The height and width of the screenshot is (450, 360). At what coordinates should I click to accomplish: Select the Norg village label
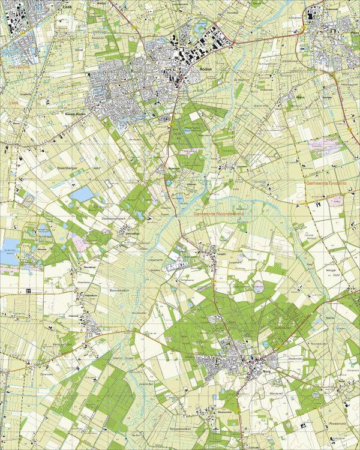click(x=268, y=372)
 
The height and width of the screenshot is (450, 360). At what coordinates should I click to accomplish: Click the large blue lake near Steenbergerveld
click(x=82, y=194)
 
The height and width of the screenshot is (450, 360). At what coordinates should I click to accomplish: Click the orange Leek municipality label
click(x=14, y=103)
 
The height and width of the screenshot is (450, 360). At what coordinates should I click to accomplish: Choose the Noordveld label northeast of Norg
click(x=333, y=343)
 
